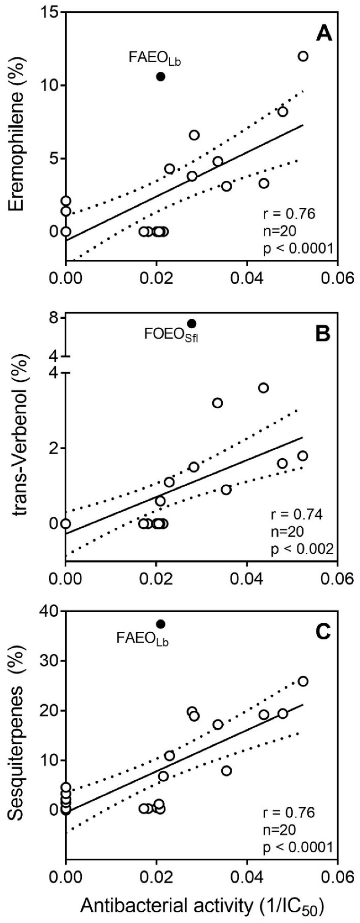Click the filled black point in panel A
(161, 76)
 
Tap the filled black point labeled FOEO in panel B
(192, 324)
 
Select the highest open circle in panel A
(303, 56)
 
